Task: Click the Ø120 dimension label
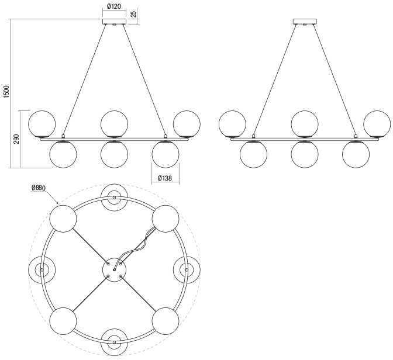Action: (114, 6)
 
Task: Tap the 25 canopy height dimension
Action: (134, 14)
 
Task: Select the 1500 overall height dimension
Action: (6, 91)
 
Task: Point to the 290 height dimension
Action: (16, 139)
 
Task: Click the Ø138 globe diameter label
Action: (165, 178)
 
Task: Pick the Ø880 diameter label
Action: (39, 188)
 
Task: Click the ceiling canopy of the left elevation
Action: (114, 22)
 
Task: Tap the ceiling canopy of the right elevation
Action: (305, 22)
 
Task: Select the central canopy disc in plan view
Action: (114, 270)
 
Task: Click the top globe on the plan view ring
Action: (114, 198)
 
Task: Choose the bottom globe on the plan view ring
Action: (114, 342)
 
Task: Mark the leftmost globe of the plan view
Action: (42, 270)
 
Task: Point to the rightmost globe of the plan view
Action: (187, 270)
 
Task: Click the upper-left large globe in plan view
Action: (63, 219)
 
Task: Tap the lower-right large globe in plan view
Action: (166, 321)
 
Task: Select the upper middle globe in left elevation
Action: (114, 124)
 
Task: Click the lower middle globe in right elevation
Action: (305, 154)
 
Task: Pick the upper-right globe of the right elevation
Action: (377, 124)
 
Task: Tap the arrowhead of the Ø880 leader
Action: (57, 202)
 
